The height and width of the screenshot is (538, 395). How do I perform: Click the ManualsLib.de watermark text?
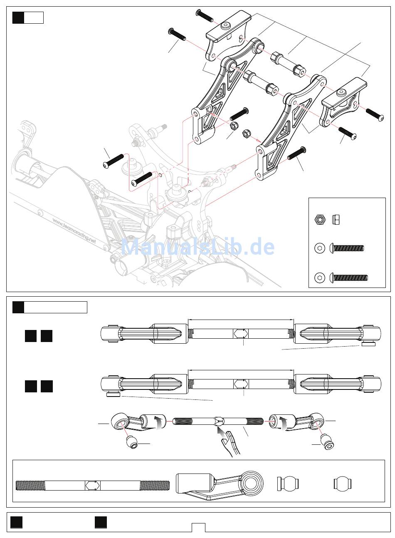point(198,248)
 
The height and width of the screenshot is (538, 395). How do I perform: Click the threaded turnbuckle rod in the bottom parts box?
point(92,485)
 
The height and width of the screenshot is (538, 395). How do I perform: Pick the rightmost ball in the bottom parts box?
point(343,484)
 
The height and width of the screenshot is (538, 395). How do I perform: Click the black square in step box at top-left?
point(18,18)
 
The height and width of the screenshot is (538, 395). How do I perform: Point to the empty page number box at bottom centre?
point(198,527)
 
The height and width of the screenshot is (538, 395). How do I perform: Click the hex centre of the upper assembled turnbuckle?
point(241,333)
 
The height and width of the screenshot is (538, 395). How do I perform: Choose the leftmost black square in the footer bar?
point(16,523)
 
